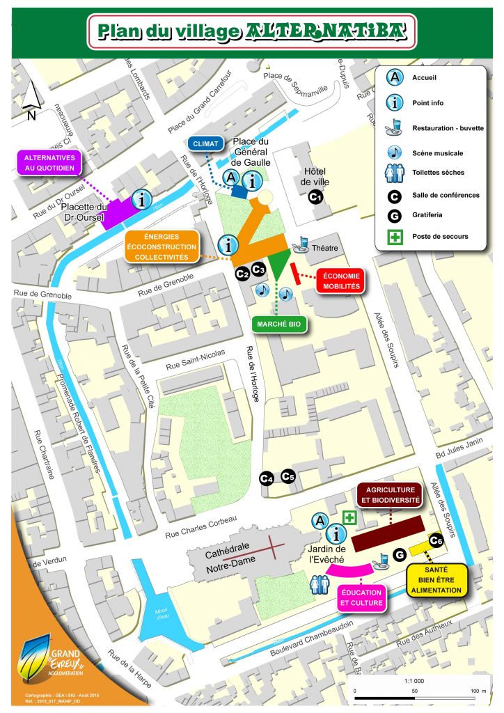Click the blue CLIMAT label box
[x=205, y=144]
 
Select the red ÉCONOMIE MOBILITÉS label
[x=341, y=281]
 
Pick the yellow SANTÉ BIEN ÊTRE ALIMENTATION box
[x=436, y=581]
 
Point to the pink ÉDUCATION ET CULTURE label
[x=362, y=597]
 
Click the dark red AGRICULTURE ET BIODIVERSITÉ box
[x=390, y=495]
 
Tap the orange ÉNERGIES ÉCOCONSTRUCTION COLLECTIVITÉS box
[x=162, y=246]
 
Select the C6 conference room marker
[x=436, y=540]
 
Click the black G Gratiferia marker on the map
[x=400, y=554]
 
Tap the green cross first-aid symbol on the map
[x=350, y=517]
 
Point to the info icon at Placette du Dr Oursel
[x=143, y=200]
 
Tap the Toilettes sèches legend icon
[x=395, y=172]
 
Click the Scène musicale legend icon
[x=395, y=152]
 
